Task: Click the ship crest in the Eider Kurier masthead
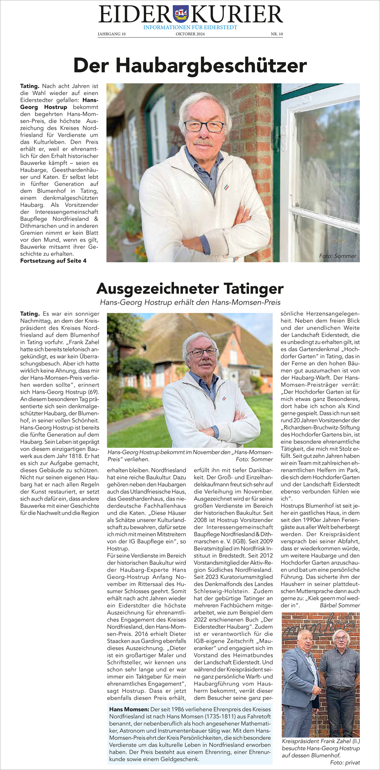180,14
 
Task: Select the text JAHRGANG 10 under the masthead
112,34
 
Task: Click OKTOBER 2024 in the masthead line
190,34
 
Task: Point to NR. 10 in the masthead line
277,34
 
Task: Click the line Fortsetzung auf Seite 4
53,261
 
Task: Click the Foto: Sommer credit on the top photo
337,256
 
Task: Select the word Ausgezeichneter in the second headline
158,289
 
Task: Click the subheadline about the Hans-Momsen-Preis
190,302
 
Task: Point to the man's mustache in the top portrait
203,142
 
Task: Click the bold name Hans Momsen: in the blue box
129,709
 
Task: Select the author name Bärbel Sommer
340,605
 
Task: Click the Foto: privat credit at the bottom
345,762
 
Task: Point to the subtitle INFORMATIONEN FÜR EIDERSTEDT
190,27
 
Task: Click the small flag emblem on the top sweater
226,187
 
